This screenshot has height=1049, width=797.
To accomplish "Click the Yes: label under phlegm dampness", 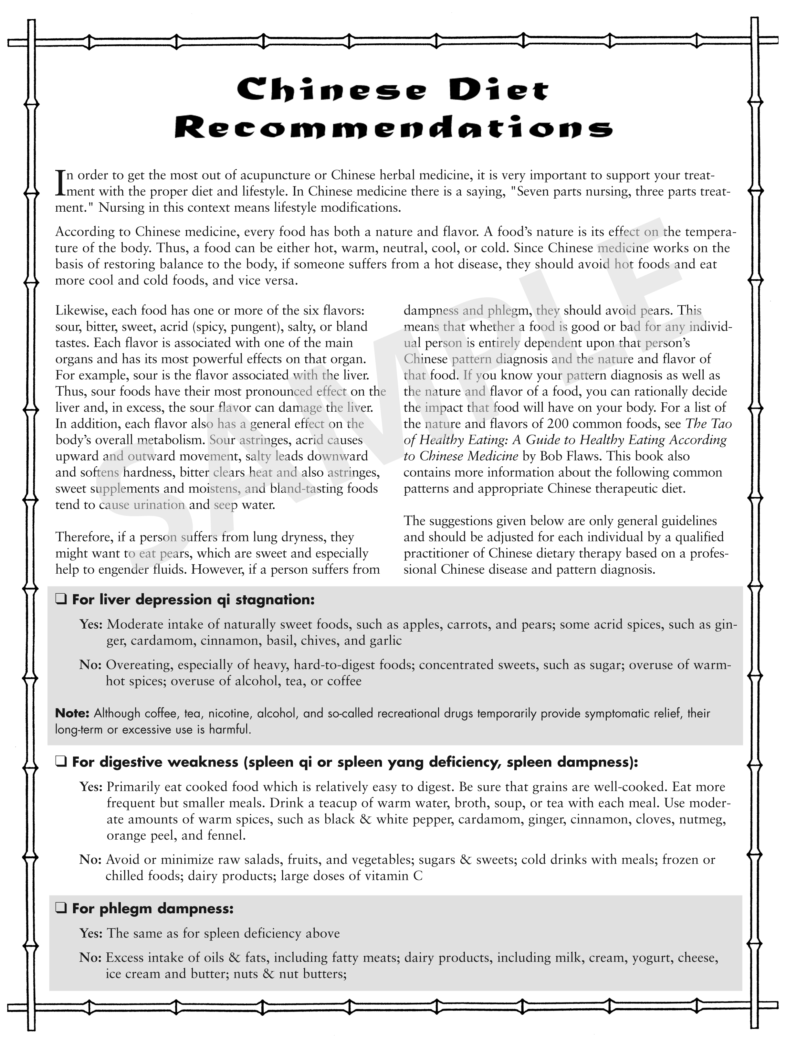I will click(x=90, y=933).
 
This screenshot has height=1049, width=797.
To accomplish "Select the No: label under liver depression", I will click(x=90, y=665).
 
